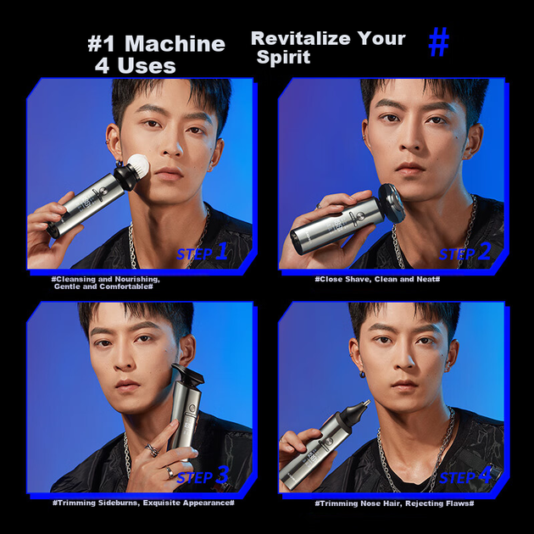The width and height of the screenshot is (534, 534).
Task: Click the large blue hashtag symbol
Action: pos(439,42)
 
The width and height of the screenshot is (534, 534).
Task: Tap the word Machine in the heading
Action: pos(175,44)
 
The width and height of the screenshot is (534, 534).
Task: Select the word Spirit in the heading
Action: pos(283,57)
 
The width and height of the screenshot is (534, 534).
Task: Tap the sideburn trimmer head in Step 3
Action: pos(188,375)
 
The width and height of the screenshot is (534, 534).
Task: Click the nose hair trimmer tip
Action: pos(366,404)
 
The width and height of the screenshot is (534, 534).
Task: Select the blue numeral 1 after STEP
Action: pos(222,252)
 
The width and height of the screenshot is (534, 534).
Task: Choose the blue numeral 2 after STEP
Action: pos(484,252)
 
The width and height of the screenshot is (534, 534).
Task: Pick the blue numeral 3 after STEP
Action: pos(222,475)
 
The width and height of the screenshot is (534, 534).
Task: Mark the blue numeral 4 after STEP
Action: pos(485,475)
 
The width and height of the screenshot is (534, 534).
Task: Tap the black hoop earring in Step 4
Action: pos(363,375)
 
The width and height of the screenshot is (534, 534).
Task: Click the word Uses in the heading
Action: pos(147,65)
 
